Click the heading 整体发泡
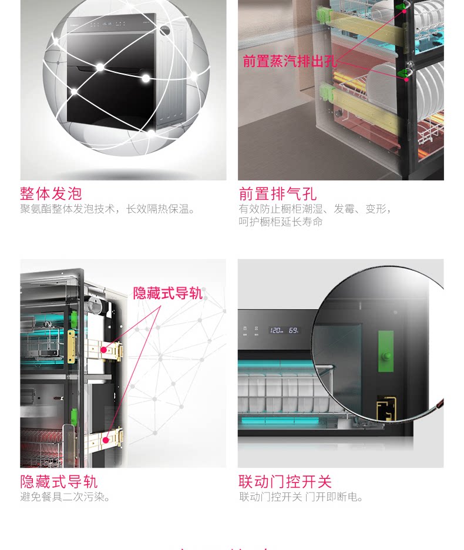click(x=51, y=193)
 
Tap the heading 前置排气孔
click(x=278, y=193)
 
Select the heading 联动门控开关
click(x=285, y=482)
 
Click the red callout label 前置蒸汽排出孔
click(x=290, y=61)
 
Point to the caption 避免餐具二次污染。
click(x=66, y=497)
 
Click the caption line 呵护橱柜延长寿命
click(x=281, y=222)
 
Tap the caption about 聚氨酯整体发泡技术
click(x=107, y=209)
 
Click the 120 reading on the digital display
click(x=276, y=330)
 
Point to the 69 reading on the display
click(x=293, y=330)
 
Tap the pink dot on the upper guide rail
click(x=104, y=350)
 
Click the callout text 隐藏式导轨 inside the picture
click(x=167, y=293)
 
